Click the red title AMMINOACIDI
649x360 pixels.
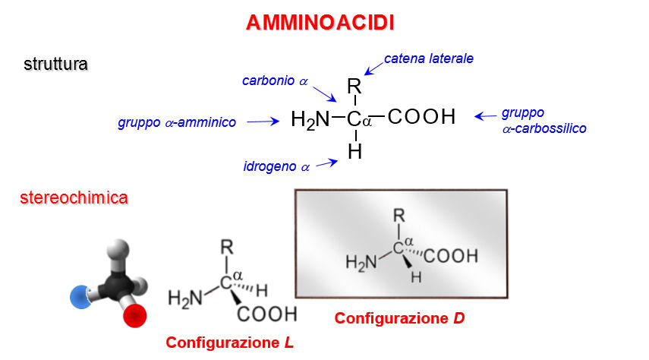pos(320,23)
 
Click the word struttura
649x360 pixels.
pos(56,64)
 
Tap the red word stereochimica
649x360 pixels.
pos(74,199)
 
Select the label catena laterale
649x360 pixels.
pos(429,58)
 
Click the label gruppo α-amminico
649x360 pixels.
pos(177,122)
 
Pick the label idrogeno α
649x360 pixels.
pos(277,166)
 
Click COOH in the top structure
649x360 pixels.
pos(421,117)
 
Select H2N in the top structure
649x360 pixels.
pos(311,119)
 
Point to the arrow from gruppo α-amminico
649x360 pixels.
pos(264,121)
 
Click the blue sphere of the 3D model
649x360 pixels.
pos(80,297)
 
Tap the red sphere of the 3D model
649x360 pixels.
pos(134,314)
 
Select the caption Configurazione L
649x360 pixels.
pos(229,343)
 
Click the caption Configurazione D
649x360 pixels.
pos(399,318)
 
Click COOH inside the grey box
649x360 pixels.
pos(451,256)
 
